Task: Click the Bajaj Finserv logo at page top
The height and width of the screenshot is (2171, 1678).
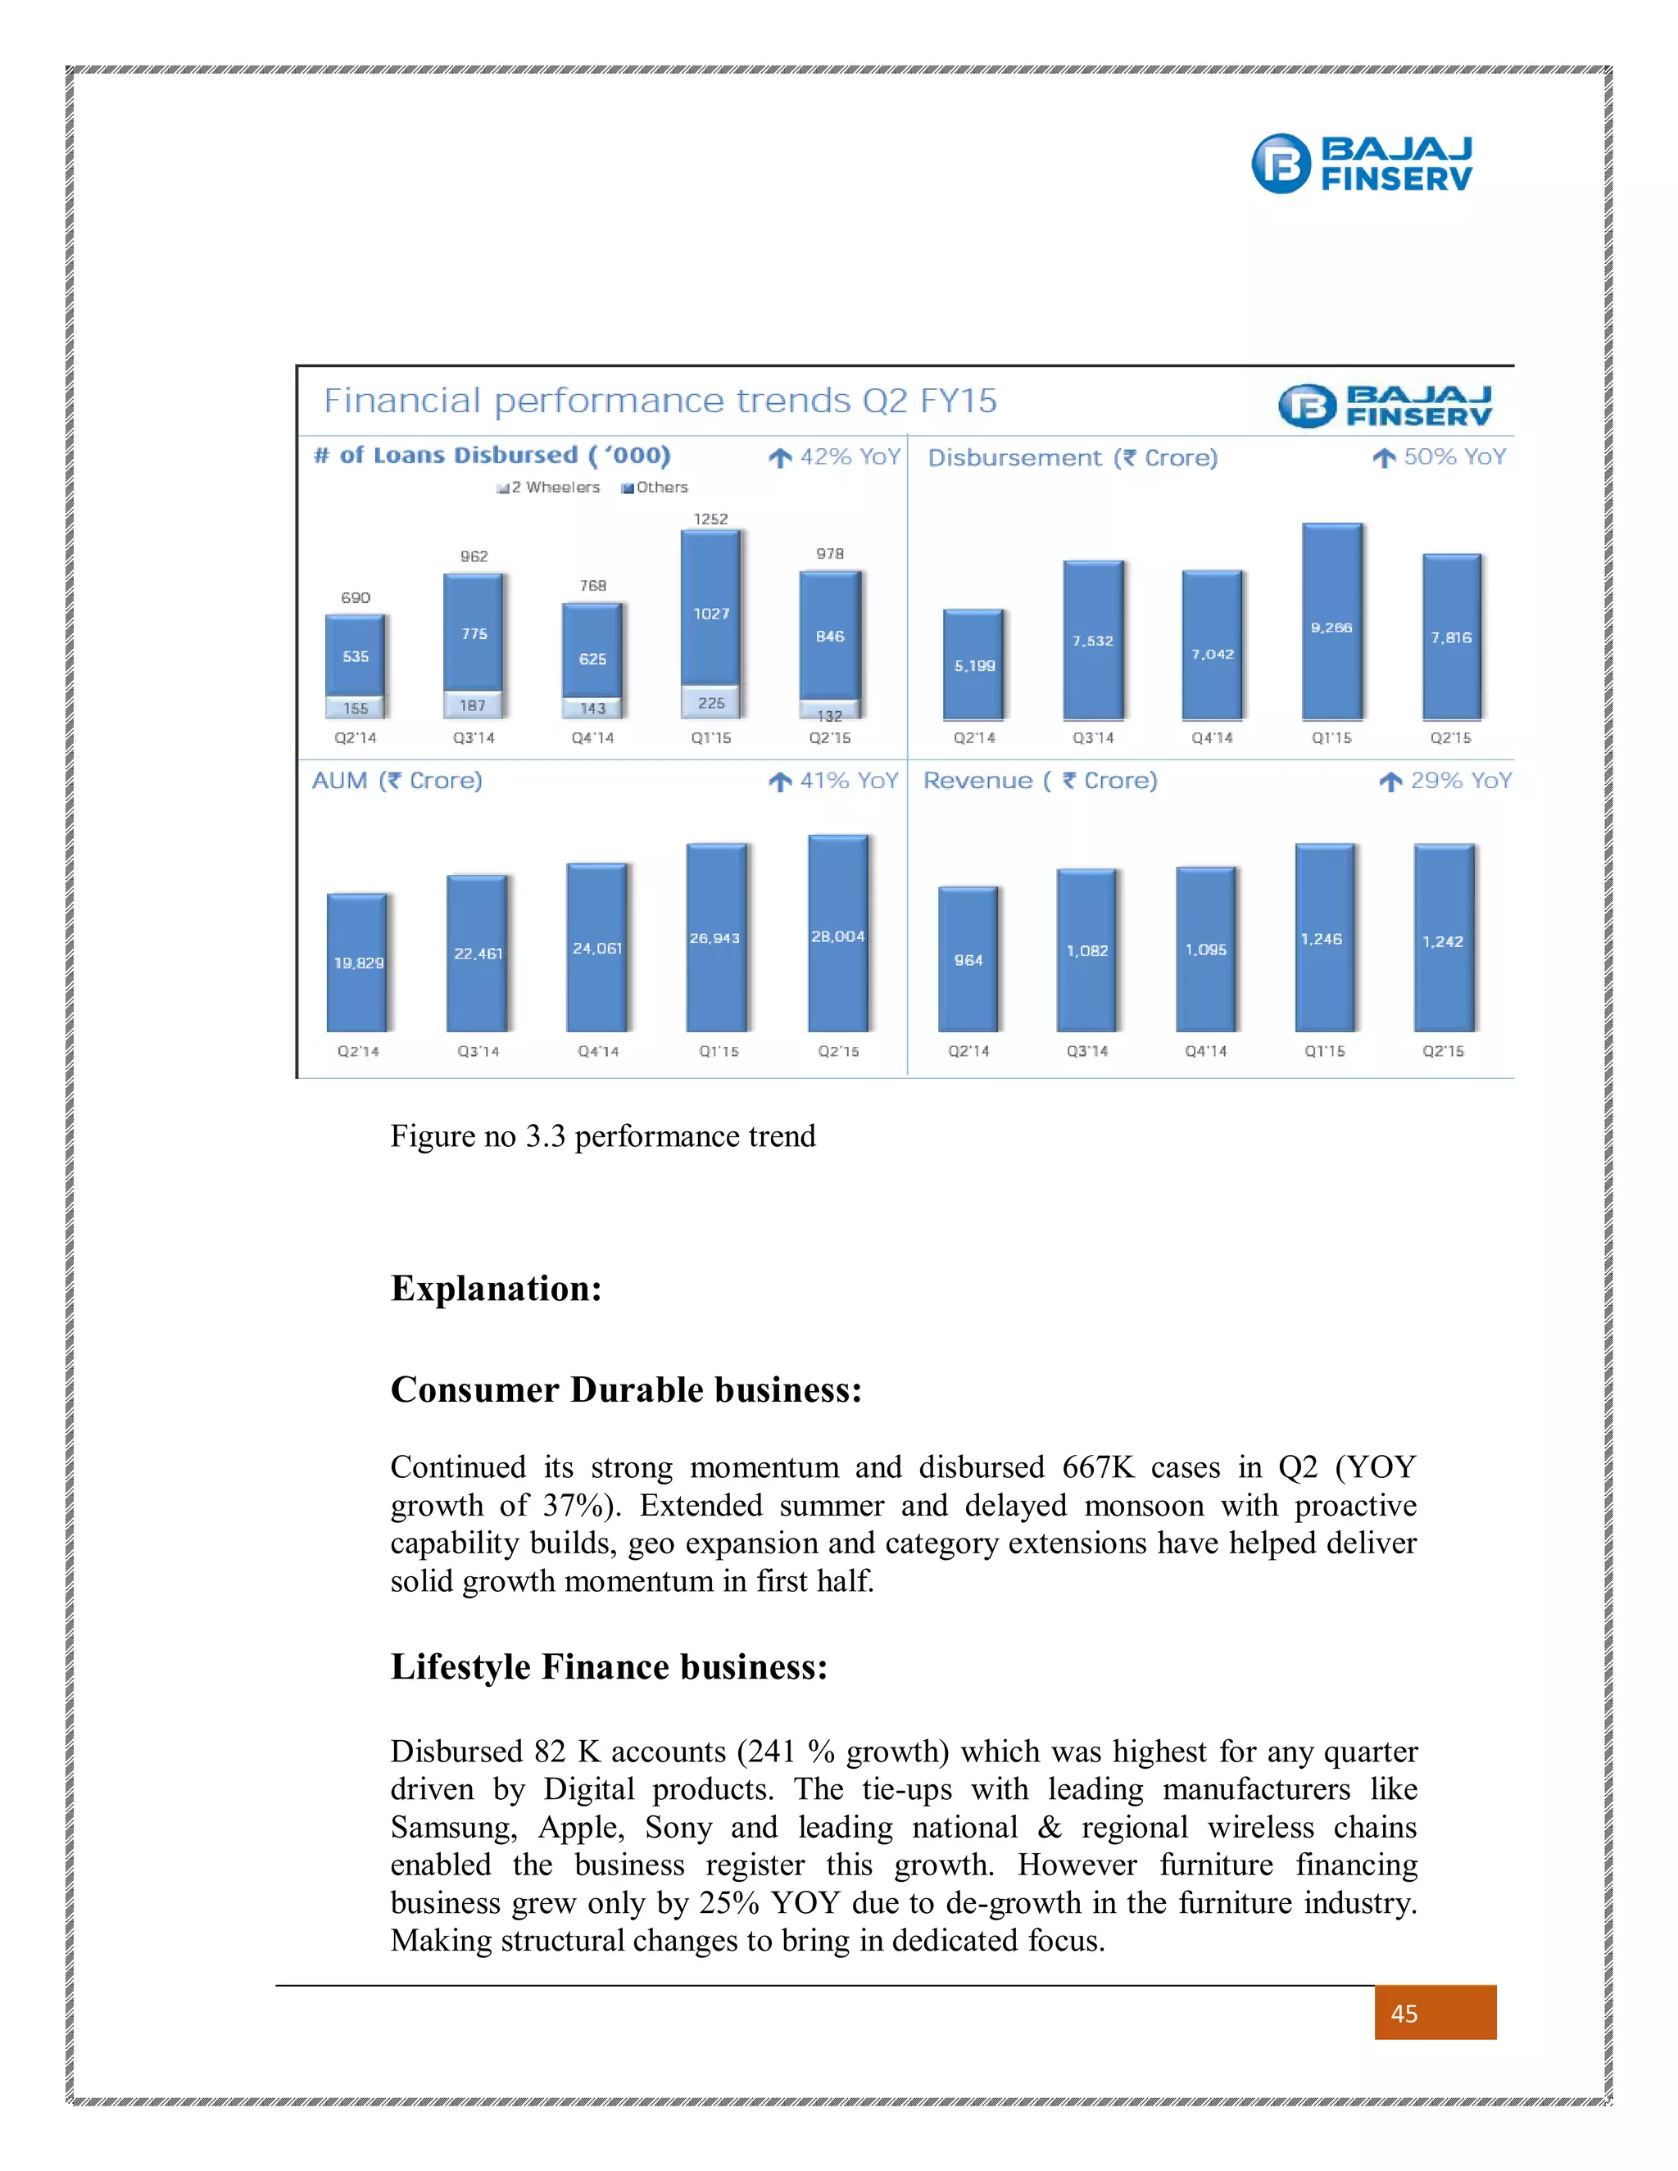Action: pyautogui.click(x=1361, y=163)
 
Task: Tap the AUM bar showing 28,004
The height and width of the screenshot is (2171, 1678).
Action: pyautogui.click(x=838, y=935)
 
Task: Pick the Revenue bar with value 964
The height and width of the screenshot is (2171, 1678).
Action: pyautogui.click(x=968, y=959)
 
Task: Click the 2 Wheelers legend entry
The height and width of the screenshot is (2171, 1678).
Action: pyautogui.click(x=550, y=487)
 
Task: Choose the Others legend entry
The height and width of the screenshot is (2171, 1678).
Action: pyautogui.click(x=655, y=487)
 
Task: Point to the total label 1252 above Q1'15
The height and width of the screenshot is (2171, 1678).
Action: pyautogui.click(x=710, y=519)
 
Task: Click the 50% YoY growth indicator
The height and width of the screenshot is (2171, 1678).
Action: pyautogui.click(x=1440, y=457)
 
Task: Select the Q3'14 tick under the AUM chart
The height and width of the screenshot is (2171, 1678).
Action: pyautogui.click(x=478, y=1051)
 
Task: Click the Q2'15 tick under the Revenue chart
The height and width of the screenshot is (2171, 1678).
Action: pyautogui.click(x=1442, y=1051)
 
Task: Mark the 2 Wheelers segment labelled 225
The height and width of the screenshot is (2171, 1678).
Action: pyautogui.click(x=710, y=702)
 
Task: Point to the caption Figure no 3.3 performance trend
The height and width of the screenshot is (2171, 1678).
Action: pyautogui.click(x=602, y=1136)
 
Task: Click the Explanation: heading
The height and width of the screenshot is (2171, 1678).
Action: pyautogui.click(x=496, y=1289)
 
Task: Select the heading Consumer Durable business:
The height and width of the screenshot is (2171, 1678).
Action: pyautogui.click(x=625, y=1389)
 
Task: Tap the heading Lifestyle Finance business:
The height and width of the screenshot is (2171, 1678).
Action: pyautogui.click(x=609, y=1667)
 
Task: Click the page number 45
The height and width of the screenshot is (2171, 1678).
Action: pyautogui.click(x=1404, y=2014)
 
